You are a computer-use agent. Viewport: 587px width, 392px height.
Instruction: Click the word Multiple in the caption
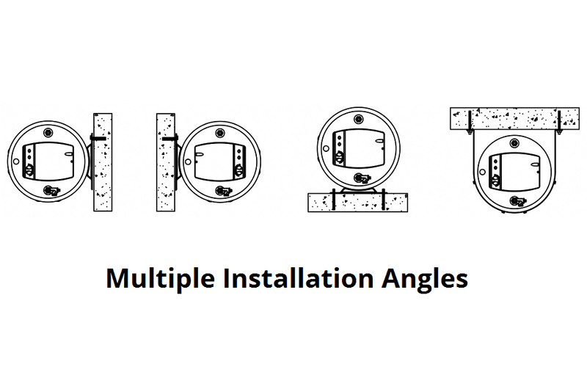click(x=160, y=278)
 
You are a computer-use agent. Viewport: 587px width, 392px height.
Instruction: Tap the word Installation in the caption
click(x=298, y=277)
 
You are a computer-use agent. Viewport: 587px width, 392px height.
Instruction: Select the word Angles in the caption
click(x=425, y=279)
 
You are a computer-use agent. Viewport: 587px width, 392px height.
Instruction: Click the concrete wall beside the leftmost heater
click(x=103, y=162)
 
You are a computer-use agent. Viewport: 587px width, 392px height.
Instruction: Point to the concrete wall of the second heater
click(x=166, y=162)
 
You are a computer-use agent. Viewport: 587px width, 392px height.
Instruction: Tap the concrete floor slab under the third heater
click(x=357, y=203)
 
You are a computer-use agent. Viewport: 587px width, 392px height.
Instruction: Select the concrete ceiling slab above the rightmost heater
click(x=514, y=118)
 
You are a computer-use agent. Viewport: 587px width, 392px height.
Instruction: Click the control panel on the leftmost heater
click(x=48, y=161)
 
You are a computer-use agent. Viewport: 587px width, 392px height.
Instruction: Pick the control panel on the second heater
click(x=220, y=161)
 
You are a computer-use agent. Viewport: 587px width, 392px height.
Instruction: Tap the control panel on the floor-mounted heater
click(x=359, y=148)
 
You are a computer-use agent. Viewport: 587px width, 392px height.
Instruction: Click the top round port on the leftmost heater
click(x=48, y=133)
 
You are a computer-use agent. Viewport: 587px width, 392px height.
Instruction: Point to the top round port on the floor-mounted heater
click(x=359, y=119)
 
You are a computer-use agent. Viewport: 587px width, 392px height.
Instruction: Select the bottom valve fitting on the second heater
click(x=222, y=191)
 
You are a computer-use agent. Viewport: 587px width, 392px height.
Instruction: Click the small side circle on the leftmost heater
click(x=15, y=161)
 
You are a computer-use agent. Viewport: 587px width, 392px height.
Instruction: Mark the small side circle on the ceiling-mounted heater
click(x=483, y=172)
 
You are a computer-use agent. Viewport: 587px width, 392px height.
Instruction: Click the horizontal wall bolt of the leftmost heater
click(x=98, y=139)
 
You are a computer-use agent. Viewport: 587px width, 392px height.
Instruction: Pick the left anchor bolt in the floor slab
click(x=333, y=200)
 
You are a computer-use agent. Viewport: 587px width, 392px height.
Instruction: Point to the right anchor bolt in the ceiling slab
click(x=559, y=122)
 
